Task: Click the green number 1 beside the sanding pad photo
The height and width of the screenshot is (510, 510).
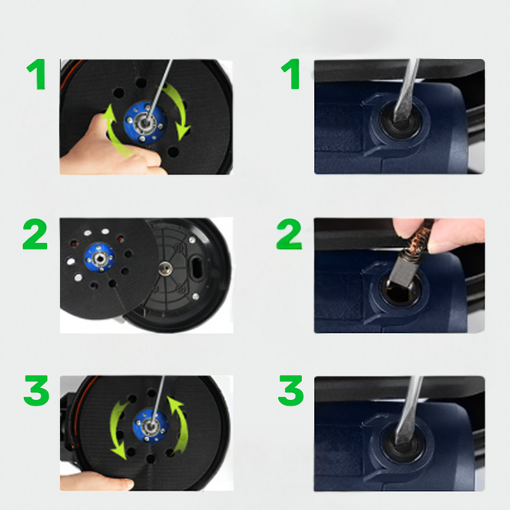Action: pyautogui.click(x=37, y=74)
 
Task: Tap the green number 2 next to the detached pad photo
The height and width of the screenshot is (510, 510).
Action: pyautogui.click(x=35, y=233)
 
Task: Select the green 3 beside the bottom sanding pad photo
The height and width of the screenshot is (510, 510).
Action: pyautogui.click(x=37, y=390)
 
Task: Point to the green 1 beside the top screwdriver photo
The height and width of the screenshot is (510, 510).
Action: pyautogui.click(x=292, y=74)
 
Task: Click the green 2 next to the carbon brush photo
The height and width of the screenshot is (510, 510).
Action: pyautogui.click(x=289, y=233)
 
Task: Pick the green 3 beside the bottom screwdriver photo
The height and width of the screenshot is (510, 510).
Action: pyautogui.click(x=291, y=390)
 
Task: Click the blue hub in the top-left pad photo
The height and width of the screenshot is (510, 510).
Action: pyautogui.click(x=145, y=123)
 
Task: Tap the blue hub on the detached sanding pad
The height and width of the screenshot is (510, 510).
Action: pyautogui.click(x=100, y=257)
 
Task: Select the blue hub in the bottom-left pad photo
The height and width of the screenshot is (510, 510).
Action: pyautogui.click(x=151, y=426)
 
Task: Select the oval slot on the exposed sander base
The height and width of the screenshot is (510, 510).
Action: pyautogui.click(x=197, y=267)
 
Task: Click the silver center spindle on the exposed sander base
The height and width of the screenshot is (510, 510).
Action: pyautogui.click(x=166, y=269)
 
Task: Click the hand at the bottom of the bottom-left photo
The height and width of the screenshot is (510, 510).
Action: pyautogui.click(x=97, y=481)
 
